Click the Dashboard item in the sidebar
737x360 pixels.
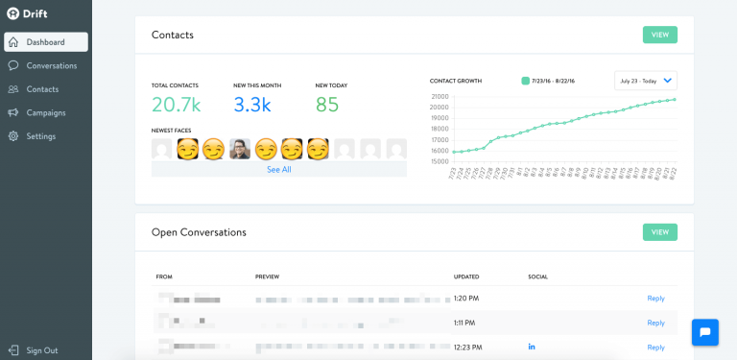(x=45, y=42)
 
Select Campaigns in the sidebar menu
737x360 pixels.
(x=45, y=112)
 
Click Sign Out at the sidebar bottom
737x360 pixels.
(x=41, y=350)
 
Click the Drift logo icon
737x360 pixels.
(x=12, y=13)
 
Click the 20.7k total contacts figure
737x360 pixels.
(x=176, y=105)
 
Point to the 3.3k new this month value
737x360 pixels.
(x=253, y=105)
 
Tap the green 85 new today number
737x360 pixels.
(x=327, y=105)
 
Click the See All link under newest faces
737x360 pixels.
(x=279, y=169)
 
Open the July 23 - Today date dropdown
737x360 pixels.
(x=646, y=81)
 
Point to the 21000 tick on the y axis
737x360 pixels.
(x=440, y=96)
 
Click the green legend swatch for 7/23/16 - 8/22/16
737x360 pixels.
(x=525, y=81)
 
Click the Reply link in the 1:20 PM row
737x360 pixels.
(x=655, y=299)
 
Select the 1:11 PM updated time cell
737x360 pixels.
(x=465, y=323)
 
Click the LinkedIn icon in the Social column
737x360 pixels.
(x=532, y=347)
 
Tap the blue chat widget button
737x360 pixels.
(x=705, y=332)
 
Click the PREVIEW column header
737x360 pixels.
(x=267, y=276)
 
